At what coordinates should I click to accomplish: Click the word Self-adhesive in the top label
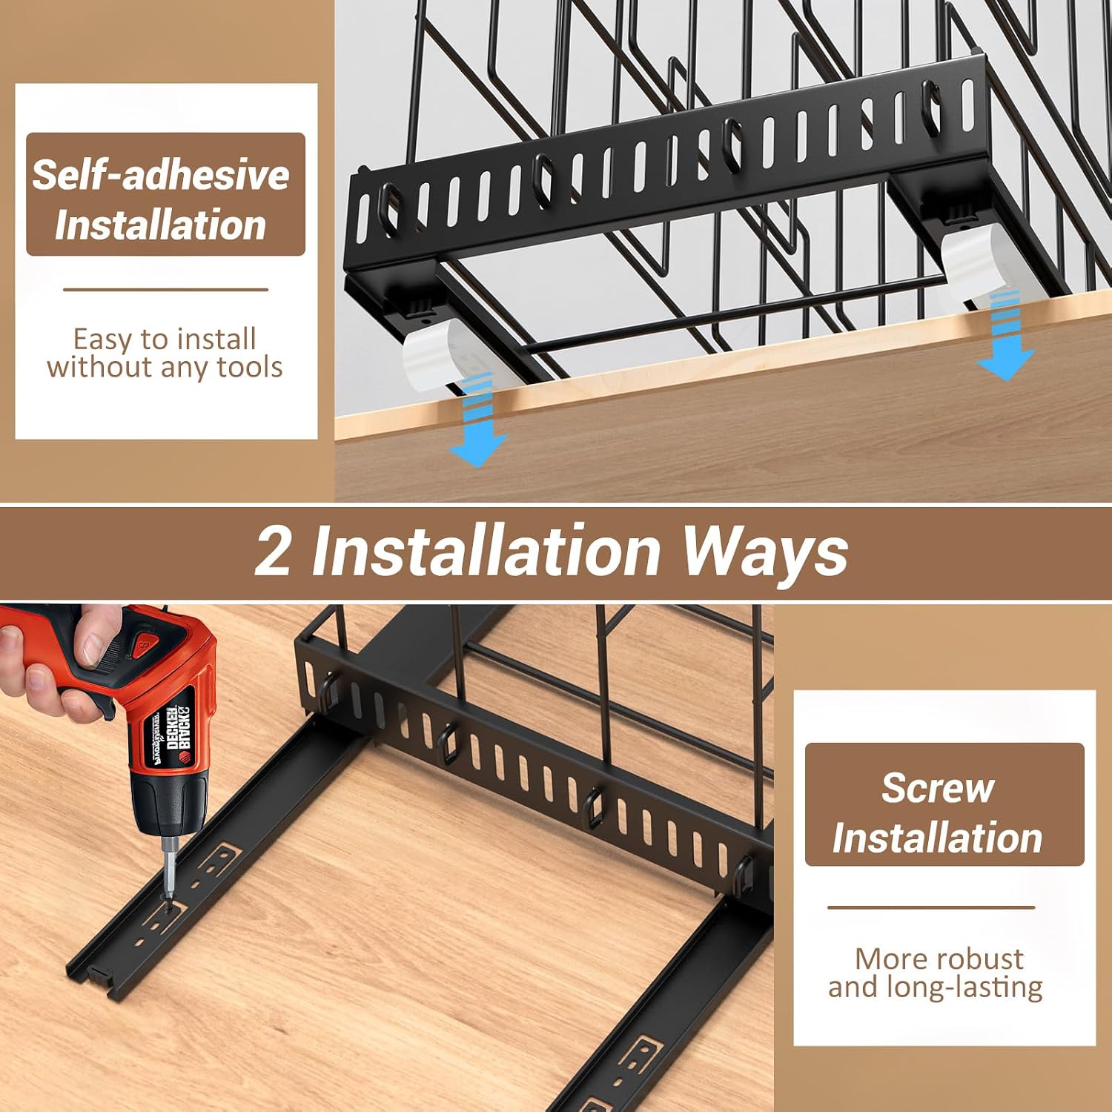(160, 175)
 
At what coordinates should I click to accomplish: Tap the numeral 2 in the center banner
(273, 551)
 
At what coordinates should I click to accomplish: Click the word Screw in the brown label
(938, 787)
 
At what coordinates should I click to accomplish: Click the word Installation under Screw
(937, 838)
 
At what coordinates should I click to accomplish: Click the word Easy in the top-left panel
(102, 340)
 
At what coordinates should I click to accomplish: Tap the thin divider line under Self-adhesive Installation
(165, 290)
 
